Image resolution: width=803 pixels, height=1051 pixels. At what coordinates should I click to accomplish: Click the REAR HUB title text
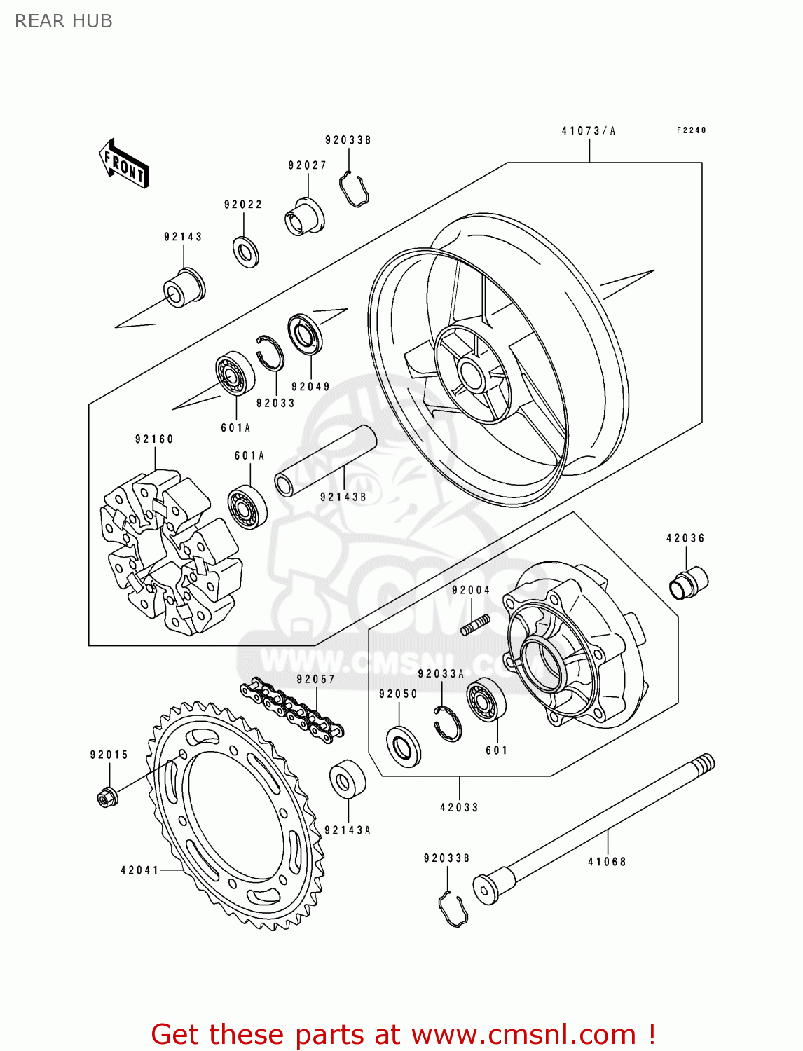pos(63,21)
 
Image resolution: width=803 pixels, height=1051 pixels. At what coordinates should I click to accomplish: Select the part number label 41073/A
pos(588,131)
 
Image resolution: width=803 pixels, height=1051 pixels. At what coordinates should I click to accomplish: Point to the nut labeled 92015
pos(107,797)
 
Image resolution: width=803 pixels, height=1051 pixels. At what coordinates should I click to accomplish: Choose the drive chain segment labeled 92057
pos(291,710)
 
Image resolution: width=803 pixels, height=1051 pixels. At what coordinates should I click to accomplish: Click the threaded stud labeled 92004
pos(475,624)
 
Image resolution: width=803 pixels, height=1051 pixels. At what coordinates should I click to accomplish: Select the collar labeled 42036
pos(689,582)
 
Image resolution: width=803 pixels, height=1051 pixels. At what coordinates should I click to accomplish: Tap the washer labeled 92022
pos(245,252)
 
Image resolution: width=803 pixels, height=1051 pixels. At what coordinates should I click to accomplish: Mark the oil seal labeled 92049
pos(306,334)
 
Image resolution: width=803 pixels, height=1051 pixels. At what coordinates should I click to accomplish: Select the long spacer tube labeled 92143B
pos(325,460)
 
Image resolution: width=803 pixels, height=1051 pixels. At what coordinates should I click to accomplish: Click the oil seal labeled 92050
pos(404,746)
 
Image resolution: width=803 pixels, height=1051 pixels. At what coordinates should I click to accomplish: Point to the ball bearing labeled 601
pos(486,699)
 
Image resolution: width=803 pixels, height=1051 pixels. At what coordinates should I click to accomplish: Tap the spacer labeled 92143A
pos(348,778)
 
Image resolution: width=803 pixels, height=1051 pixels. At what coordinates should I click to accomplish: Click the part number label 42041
pos(139,870)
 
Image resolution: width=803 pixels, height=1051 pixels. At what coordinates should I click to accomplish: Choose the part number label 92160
pos(154,439)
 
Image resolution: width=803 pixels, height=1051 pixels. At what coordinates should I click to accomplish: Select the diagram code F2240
pos(691,130)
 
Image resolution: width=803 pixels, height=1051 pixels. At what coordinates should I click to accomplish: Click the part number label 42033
pos(459,808)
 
